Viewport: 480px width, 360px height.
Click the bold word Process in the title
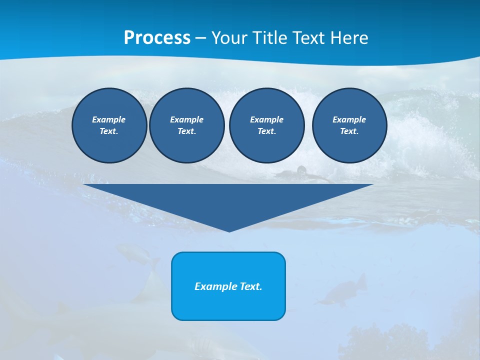[x=157, y=37]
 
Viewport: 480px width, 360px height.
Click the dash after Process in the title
[x=200, y=38]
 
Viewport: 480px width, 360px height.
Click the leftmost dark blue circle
[x=109, y=125]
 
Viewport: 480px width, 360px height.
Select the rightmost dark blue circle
[x=349, y=125]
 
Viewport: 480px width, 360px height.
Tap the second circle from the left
[x=186, y=125]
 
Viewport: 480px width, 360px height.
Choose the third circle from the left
[x=266, y=125]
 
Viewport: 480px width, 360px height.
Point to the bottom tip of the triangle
[x=229, y=230]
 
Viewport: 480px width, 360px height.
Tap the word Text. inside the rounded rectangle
[x=250, y=286]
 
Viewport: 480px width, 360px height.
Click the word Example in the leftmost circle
[x=108, y=119]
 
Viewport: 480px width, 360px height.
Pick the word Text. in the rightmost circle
[x=349, y=131]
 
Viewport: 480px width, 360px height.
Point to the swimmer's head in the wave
[x=301, y=170]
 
